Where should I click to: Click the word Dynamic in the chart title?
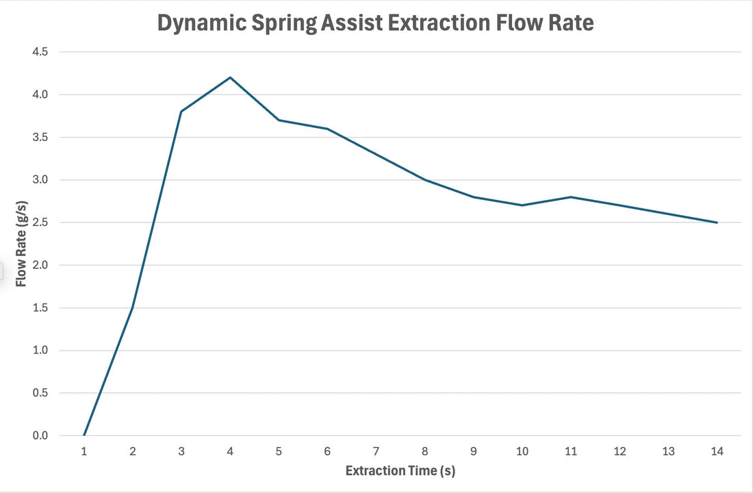(x=200, y=23)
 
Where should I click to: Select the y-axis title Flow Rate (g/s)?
(x=21, y=243)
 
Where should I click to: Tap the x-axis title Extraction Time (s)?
(x=400, y=471)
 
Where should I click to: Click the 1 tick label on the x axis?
(x=84, y=451)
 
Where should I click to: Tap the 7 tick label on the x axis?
(x=376, y=451)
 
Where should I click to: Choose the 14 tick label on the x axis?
(x=717, y=451)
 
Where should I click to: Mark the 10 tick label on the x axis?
(x=522, y=451)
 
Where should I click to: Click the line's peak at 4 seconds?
(x=230, y=77)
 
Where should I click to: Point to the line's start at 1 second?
(x=84, y=435)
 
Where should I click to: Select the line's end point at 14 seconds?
(x=717, y=223)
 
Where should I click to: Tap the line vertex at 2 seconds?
(x=133, y=307)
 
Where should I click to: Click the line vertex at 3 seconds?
(x=181, y=112)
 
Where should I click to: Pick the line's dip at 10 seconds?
(x=522, y=205)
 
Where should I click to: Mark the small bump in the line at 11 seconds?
(x=570, y=197)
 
